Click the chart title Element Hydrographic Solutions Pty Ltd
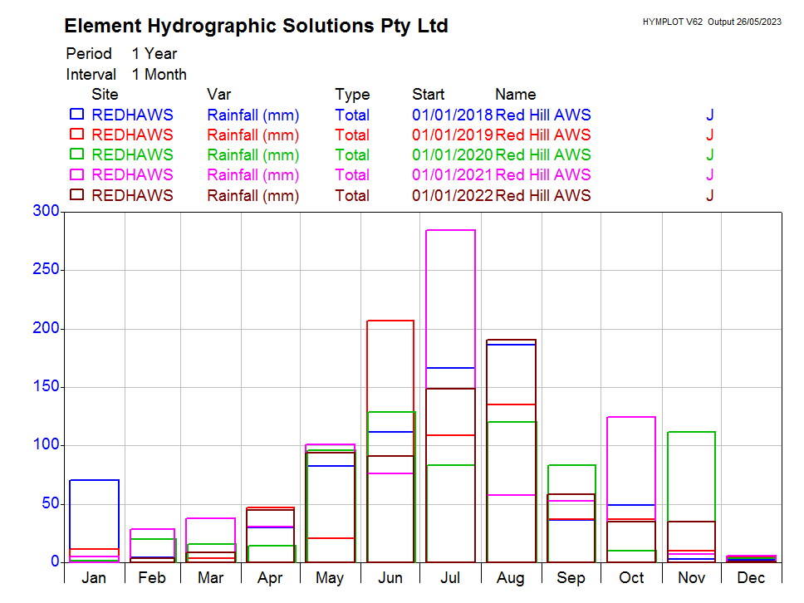point(256,26)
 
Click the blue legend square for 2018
point(77,114)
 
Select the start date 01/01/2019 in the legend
point(453,135)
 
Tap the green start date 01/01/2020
point(453,154)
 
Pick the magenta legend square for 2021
point(77,174)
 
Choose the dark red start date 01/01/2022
point(453,196)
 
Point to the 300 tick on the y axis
point(46,212)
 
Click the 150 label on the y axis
point(46,387)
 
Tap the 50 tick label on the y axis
point(50,503)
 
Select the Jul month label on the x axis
point(450,578)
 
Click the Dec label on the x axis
point(751,578)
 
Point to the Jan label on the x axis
point(94,578)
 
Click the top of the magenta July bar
point(450,230)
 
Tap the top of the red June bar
point(390,321)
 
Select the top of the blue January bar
point(94,480)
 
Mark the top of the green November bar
point(691,432)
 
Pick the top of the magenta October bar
point(631,417)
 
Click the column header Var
point(218,94)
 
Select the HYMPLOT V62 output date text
point(712,22)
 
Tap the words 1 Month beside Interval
point(159,74)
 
